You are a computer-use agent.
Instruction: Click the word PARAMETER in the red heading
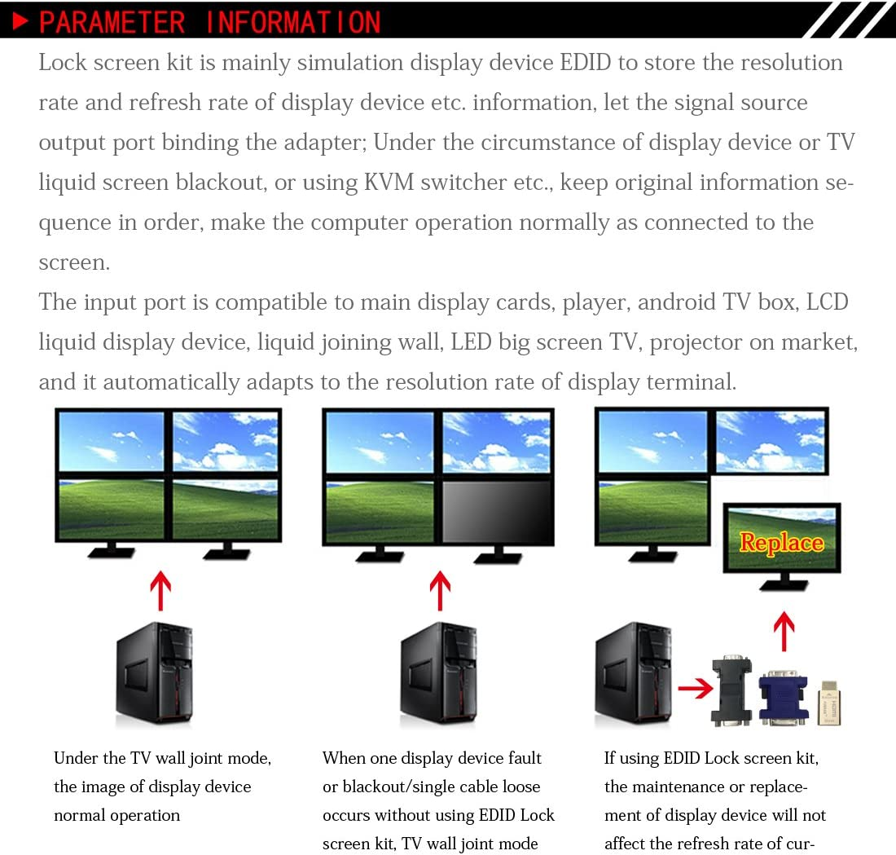click(112, 22)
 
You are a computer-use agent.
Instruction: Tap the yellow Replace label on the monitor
click(781, 543)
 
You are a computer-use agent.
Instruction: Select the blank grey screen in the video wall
click(497, 511)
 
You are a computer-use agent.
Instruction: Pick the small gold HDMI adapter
click(829, 702)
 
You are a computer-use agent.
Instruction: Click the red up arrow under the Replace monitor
click(783, 631)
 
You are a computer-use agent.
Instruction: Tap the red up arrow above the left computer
click(160, 590)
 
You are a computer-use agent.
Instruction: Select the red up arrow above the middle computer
click(440, 590)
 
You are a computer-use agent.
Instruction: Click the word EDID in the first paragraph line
click(586, 63)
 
